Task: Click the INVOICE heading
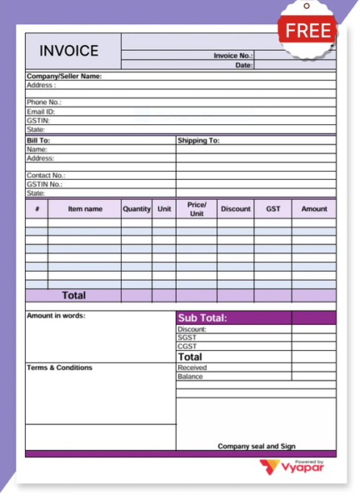tap(68, 51)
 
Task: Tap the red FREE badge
tap(307, 31)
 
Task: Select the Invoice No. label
tap(232, 55)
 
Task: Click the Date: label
tap(243, 64)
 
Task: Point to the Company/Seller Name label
tap(64, 76)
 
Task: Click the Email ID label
tap(40, 111)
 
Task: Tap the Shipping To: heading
tap(198, 140)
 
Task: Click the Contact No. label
tap(45, 176)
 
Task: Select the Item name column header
tap(85, 208)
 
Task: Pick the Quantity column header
tap(137, 208)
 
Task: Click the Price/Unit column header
tap(197, 208)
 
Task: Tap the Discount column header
tap(235, 208)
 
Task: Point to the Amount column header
tap(314, 208)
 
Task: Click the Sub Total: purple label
tap(202, 317)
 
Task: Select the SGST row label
tap(187, 337)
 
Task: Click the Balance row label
tap(190, 376)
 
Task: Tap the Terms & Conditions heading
tap(59, 367)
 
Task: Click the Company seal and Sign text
tap(257, 446)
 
